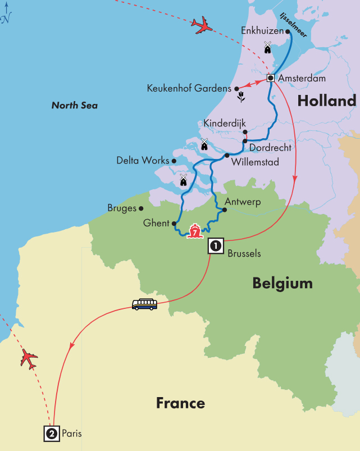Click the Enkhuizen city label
pos(261,31)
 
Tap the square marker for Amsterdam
pos(271,78)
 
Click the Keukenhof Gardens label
pos(188,88)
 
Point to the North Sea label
pos(74,105)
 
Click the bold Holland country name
pos(327,101)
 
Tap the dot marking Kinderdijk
pos(245,132)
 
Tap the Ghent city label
pos(156,223)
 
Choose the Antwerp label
pos(242,202)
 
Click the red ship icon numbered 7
pos(194,230)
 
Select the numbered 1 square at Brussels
pos(216,245)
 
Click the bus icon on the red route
pos(144,304)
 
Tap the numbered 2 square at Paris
pos(51,433)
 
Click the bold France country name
pos(180,403)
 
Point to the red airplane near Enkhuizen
pos(203,25)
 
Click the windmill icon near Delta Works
pos(183,180)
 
